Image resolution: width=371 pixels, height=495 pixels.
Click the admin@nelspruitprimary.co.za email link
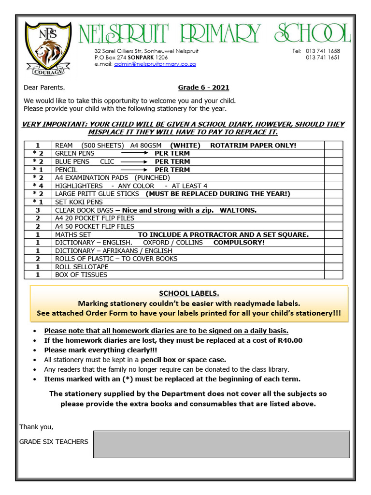click(x=155, y=64)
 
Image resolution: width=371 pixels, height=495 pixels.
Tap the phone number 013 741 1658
click(x=323, y=51)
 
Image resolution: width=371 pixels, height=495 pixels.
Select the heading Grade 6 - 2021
click(x=203, y=87)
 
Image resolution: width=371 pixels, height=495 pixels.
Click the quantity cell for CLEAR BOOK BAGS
click(x=38, y=210)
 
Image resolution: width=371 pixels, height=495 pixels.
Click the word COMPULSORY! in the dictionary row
click(x=239, y=243)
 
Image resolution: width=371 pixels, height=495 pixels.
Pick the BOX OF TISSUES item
click(x=81, y=275)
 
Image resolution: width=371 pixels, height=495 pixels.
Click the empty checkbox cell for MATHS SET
click(x=333, y=234)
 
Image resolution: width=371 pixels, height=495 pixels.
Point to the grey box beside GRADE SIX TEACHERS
click(x=221, y=444)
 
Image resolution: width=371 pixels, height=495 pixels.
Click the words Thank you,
click(x=36, y=427)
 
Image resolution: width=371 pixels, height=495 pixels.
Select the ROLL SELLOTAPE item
click(x=82, y=267)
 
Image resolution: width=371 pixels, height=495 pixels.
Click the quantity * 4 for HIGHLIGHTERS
click(x=38, y=186)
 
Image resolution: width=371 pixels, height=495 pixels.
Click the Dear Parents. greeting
click(x=44, y=87)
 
